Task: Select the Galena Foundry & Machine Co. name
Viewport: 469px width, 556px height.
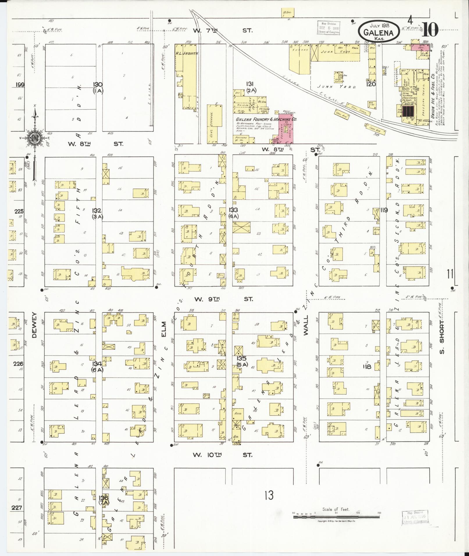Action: [x=266, y=119]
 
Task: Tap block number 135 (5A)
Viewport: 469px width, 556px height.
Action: [x=241, y=361]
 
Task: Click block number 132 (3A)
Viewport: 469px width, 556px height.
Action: [x=97, y=213]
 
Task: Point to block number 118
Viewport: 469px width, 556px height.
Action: [x=367, y=367]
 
